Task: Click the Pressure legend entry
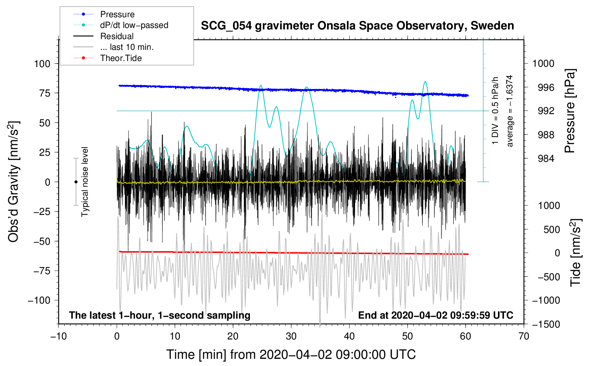point(117,14)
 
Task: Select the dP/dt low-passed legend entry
point(134,25)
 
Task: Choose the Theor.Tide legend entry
point(121,58)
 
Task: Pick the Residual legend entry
point(117,36)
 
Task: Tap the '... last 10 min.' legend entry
point(127,47)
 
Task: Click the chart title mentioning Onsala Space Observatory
point(357,26)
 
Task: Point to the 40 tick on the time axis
point(349,336)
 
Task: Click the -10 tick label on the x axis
point(59,336)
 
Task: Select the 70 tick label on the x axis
point(524,336)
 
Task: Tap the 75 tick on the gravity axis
point(45,93)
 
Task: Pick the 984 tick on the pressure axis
point(546,159)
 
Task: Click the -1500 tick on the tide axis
point(546,324)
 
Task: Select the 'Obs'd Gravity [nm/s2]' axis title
point(14,182)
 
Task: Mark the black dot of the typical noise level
point(76,182)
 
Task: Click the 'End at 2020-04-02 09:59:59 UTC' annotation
point(436,315)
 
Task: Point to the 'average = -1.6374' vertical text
point(509,111)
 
